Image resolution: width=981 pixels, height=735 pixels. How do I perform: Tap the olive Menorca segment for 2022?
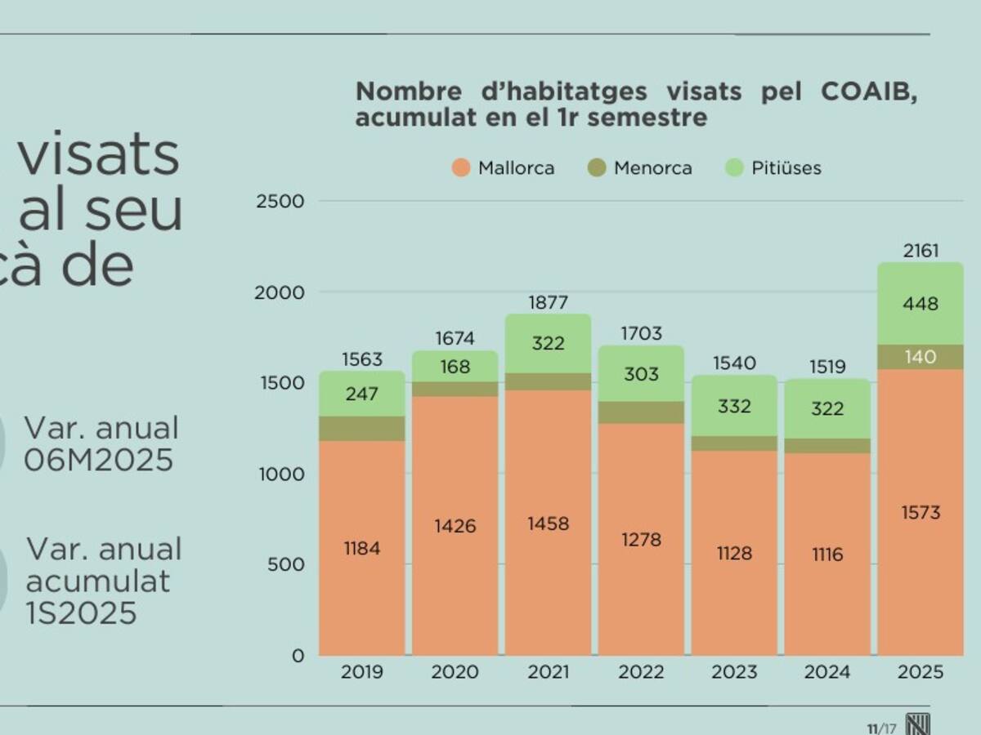pos(641,412)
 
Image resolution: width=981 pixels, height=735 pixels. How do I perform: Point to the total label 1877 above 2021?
pos(548,303)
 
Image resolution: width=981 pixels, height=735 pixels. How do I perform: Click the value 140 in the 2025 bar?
pos(921,357)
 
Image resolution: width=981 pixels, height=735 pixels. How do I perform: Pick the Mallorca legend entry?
pos(504,168)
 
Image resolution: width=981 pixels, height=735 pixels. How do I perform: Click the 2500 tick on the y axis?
pos(280,201)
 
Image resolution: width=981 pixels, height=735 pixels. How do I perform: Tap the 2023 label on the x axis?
pos(734,672)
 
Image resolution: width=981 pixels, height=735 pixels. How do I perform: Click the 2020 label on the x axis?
pos(455,672)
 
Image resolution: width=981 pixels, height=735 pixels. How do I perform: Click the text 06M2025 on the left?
pos(99,460)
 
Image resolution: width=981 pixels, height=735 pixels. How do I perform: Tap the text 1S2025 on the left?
pos(82,612)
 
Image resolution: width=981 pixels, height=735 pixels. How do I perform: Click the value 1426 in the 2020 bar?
pos(455,526)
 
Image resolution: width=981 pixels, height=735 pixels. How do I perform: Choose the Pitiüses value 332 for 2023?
pos(734,406)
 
